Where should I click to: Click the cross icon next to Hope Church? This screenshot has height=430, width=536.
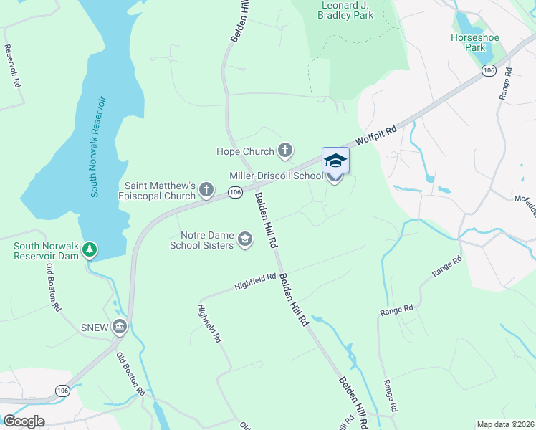tap(285, 150)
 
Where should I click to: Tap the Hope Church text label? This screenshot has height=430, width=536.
tap(246, 151)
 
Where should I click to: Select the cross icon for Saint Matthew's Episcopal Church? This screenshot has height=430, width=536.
tap(206, 190)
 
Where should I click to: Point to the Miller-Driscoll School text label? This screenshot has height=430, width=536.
tap(276, 176)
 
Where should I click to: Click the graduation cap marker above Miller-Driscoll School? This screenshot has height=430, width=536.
tap(335, 161)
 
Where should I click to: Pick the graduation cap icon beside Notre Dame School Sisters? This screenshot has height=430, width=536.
tap(244, 239)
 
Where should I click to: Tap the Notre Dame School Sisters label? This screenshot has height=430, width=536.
tap(201, 240)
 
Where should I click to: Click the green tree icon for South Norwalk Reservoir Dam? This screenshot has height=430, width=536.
tap(90, 250)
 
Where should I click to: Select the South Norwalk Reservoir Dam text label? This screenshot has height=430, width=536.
tap(44, 251)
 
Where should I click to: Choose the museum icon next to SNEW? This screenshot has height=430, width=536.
tap(120, 328)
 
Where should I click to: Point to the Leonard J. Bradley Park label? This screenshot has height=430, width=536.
tap(346, 10)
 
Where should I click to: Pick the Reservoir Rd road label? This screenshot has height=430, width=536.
tap(11, 66)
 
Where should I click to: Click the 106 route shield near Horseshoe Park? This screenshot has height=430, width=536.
tap(489, 70)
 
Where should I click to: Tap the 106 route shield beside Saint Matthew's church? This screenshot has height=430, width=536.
tap(234, 192)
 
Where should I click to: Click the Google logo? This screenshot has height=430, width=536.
tap(24, 421)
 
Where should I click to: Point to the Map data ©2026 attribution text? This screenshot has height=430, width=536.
tap(504, 424)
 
